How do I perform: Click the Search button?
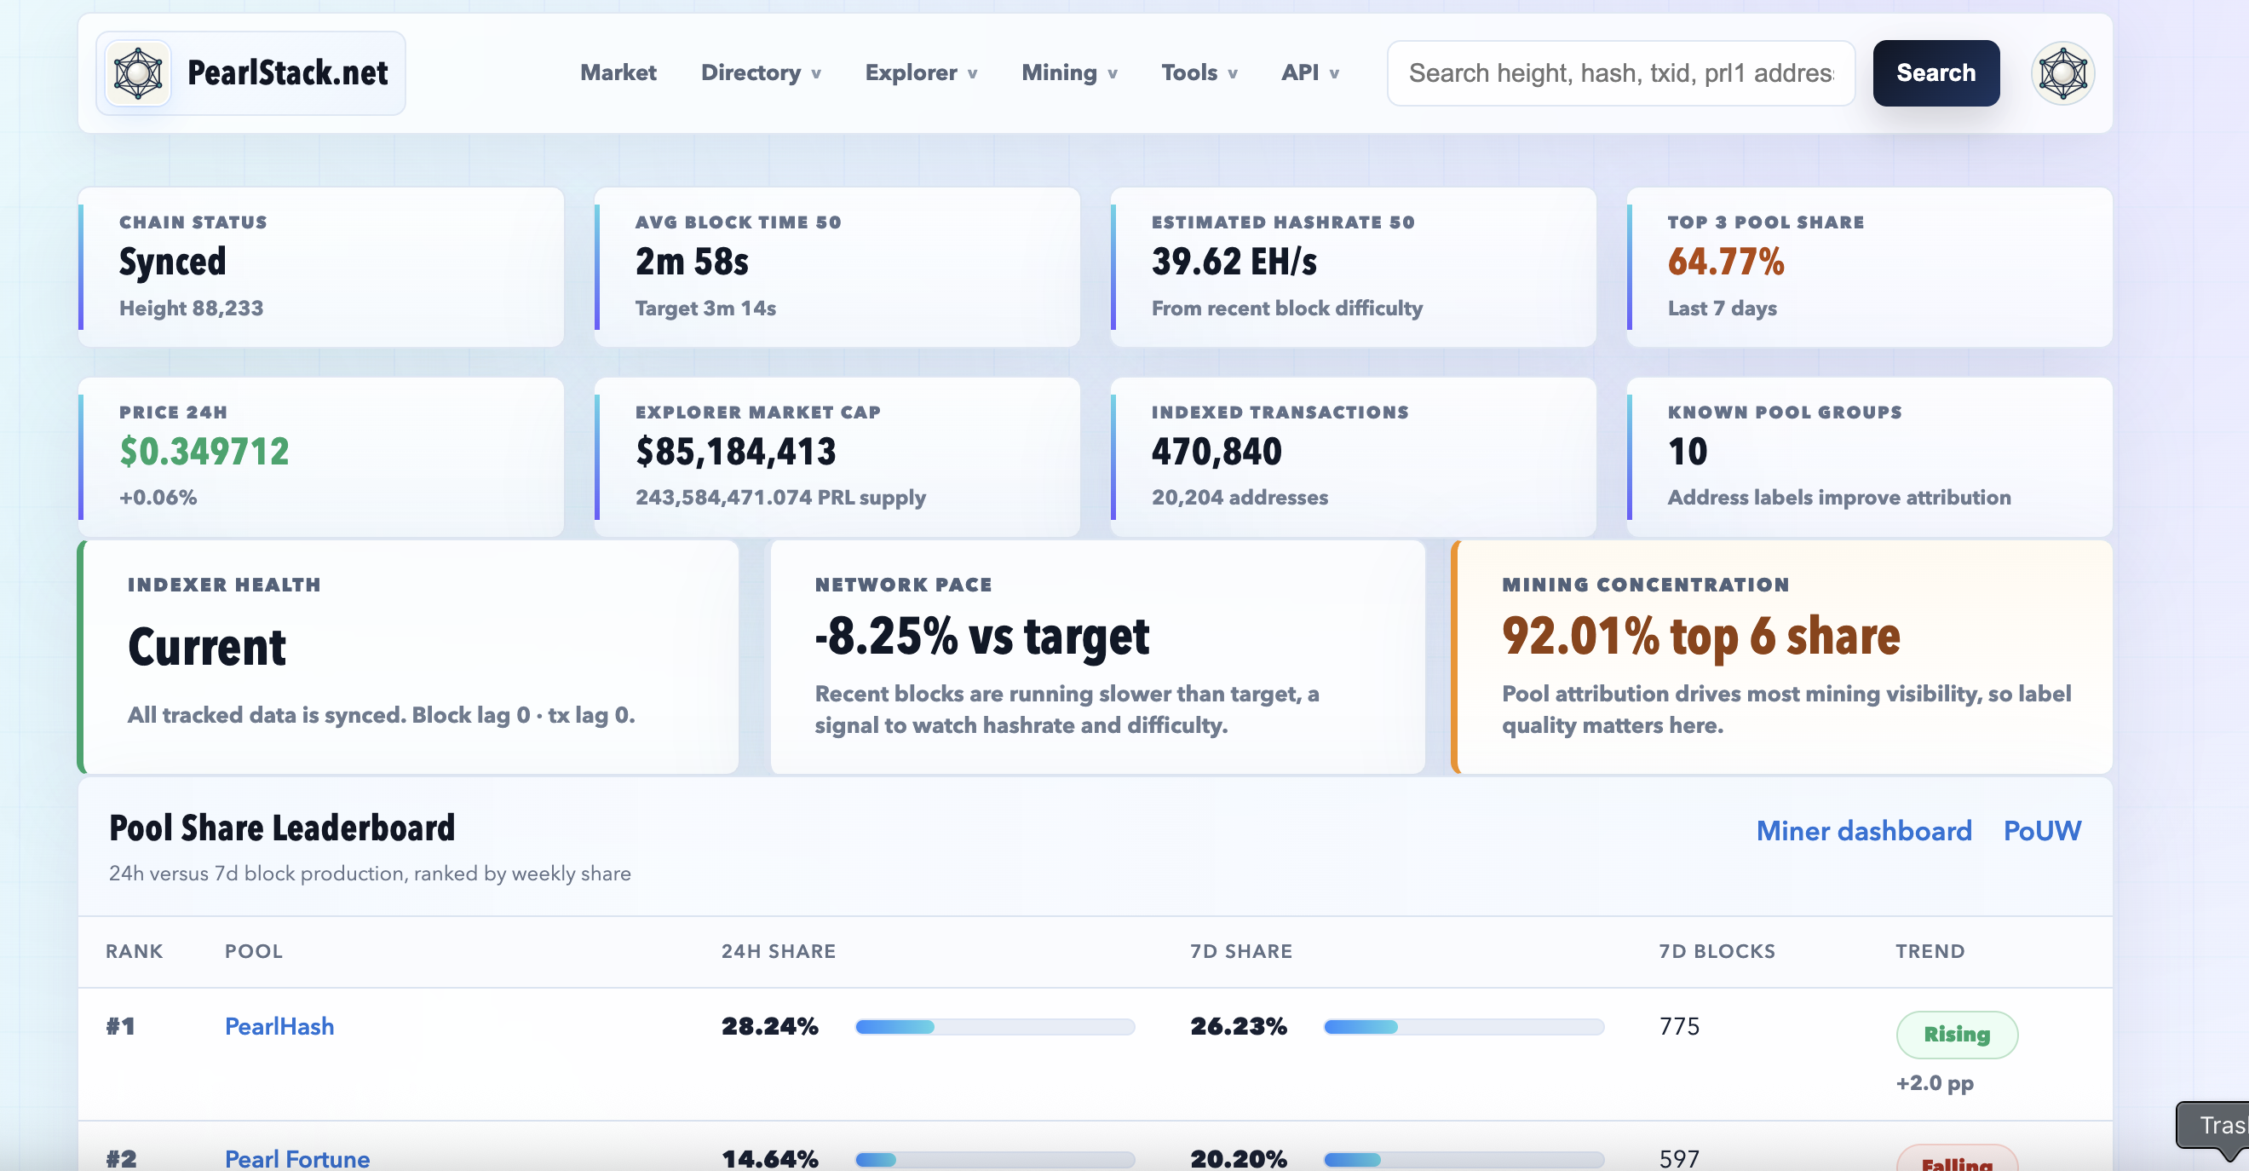1936,73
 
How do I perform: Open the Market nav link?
618,72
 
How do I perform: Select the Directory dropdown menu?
761,72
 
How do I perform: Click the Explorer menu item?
920,72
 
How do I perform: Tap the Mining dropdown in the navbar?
1069,72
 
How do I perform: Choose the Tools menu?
1199,72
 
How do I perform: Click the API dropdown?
1309,72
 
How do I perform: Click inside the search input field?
1620,73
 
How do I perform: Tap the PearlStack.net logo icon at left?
138,73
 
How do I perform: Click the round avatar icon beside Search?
2062,73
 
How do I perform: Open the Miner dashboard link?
1863,830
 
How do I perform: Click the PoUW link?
2041,830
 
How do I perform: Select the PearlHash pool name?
279,1026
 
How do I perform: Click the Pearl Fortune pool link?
296,1158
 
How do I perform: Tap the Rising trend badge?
1957,1035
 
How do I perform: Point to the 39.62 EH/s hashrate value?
1234,261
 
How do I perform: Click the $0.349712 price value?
204,452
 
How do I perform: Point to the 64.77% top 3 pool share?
1725,261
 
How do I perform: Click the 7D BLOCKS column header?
1717,951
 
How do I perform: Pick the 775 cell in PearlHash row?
1679,1026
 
